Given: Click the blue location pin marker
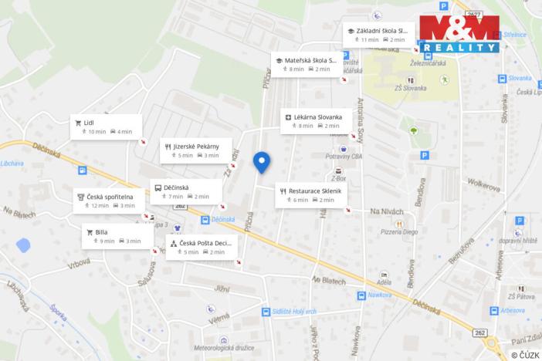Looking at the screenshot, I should point(262,161).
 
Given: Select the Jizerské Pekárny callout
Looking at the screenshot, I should point(196,150).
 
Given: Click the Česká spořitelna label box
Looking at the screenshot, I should point(108,201).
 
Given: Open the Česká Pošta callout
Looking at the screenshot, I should point(201,247).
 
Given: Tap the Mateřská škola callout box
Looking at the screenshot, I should point(306,64).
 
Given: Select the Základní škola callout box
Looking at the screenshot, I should point(379,35).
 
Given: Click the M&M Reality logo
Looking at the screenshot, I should point(459,33).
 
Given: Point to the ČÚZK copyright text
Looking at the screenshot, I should point(524,355).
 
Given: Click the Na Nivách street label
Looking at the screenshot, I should point(387,211).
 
